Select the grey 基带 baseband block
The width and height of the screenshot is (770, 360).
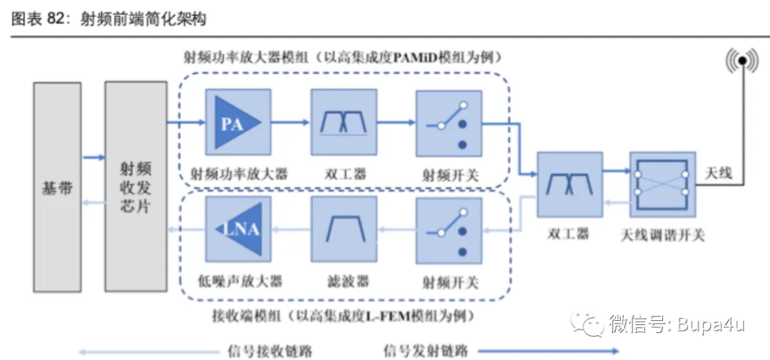[x=58, y=187]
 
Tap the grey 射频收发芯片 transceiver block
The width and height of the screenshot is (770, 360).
[x=135, y=187]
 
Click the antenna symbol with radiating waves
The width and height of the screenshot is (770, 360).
[x=741, y=62]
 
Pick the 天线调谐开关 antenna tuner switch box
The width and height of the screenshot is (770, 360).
[x=662, y=184]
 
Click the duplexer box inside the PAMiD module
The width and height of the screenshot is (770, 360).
[x=344, y=122]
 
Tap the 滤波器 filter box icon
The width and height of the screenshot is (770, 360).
[x=344, y=229]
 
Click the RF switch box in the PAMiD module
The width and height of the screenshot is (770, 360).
[x=448, y=122]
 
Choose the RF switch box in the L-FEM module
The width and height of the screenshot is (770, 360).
[x=448, y=229]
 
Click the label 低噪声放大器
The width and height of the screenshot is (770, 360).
[x=240, y=280]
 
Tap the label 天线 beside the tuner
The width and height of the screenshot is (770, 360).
[x=718, y=173]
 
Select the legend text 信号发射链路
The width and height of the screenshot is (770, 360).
[x=425, y=351]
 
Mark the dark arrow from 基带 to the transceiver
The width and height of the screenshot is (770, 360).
[x=93, y=158]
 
